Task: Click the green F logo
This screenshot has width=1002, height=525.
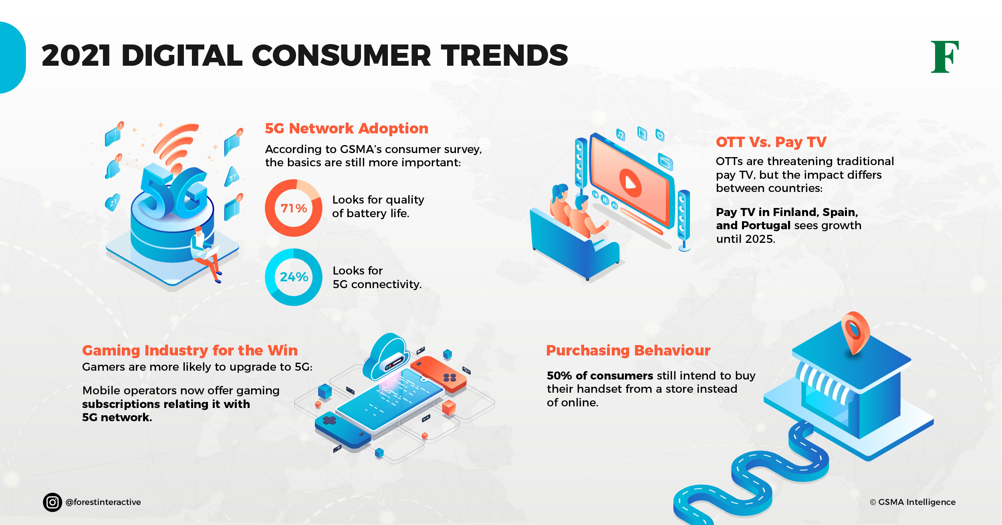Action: pos(944,57)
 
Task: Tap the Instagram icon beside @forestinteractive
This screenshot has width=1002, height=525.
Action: pos(52,502)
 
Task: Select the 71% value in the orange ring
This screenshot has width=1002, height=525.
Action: pos(294,208)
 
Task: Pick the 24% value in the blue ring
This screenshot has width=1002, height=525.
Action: pos(294,277)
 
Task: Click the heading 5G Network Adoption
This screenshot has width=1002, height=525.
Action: pos(347,128)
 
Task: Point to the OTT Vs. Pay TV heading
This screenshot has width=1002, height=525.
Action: pos(771,142)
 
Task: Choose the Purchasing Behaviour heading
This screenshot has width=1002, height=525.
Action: pos(628,351)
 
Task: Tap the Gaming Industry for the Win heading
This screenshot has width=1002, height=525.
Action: pos(190,351)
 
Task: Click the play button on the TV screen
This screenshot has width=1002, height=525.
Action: pos(630,183)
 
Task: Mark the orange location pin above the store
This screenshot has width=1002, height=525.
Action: pos(855,333)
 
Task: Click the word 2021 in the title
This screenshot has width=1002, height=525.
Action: pos(76,55)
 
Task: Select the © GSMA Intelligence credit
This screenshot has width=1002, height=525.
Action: pos(913,502)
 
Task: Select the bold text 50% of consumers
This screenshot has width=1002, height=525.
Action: pos(600,376)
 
